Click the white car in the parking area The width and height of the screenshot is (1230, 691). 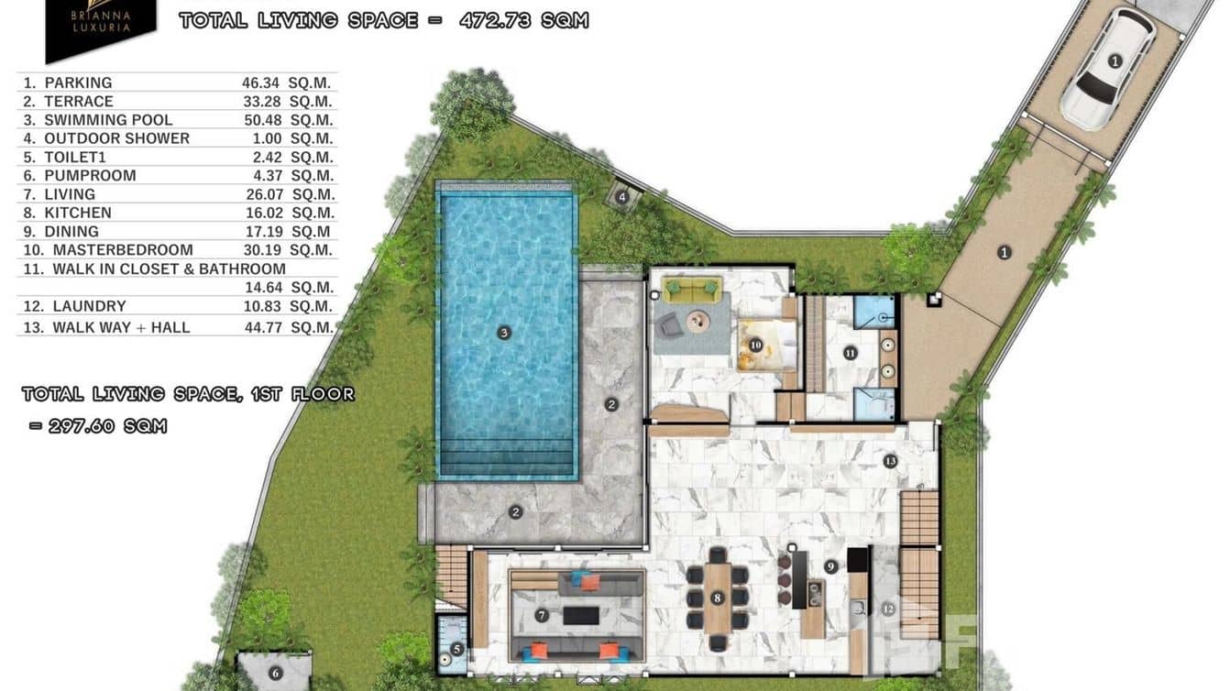click(1106, 68)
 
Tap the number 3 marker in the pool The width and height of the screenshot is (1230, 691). click(503, 333)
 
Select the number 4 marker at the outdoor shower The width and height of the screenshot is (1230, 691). click(622, 195)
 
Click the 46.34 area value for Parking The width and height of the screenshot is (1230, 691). click(262, 82)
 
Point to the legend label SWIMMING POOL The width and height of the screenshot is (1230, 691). click(108, 120)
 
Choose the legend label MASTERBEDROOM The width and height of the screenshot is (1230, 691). click(123, 250)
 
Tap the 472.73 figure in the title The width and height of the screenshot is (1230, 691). click(497, 20)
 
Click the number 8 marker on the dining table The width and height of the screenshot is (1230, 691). click(717, 598)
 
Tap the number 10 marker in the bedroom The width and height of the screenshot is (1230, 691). click(756, 345)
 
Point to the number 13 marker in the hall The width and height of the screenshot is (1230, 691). click(890, 461)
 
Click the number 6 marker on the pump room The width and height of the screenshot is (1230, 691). click(275, 673)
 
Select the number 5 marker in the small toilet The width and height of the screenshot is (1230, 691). click(456, 649)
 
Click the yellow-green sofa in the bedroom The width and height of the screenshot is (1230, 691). click(693, 290)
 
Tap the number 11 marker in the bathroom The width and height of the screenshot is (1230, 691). click(850, 352)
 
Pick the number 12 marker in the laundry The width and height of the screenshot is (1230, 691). click(887, 608)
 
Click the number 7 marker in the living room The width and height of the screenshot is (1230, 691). click(542, 616)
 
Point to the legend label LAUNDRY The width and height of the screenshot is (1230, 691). click(89, 306)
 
